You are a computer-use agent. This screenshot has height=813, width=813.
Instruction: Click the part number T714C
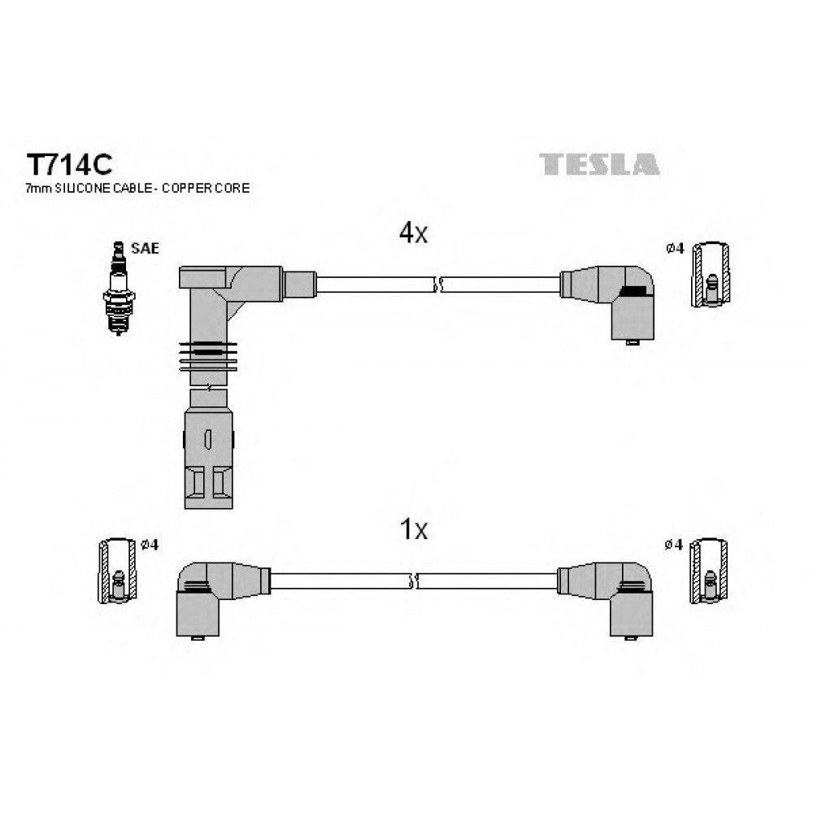69,165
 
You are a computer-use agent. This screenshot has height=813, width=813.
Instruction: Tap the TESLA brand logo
599,164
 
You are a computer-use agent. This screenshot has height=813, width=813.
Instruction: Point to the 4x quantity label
413,233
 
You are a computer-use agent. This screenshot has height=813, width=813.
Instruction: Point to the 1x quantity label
413,529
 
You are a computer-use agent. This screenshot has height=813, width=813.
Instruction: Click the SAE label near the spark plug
145,248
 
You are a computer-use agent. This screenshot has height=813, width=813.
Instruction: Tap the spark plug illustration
119,289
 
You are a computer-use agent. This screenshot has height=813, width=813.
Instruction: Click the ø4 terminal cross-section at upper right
711,275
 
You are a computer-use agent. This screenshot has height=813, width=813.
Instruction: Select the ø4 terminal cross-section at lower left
118,571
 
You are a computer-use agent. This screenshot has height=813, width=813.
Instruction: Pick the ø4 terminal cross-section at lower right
709,571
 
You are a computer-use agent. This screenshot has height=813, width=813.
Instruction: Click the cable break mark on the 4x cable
438,285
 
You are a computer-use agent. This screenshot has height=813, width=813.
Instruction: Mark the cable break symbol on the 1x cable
414,581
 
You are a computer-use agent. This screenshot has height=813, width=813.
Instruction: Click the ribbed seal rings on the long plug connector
208,356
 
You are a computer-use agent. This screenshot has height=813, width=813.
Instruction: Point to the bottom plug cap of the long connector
208,459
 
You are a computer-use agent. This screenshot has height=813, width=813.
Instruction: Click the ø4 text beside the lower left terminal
150,545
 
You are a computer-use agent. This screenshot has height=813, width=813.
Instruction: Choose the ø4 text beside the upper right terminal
675,248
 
